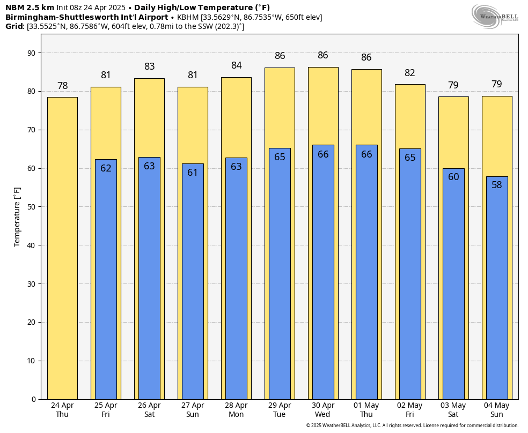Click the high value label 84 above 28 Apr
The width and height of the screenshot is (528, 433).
click(236, 66)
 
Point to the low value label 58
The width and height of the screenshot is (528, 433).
click(497, 185)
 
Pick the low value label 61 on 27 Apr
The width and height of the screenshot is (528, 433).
click(193, 173)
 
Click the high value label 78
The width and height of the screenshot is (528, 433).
click(62, 86)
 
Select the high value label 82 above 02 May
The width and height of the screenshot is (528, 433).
click(410, 73)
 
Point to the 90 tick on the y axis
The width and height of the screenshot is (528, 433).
click(32, 53)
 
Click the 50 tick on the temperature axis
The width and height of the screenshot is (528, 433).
click(32, 207)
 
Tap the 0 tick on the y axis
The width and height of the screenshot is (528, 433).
click(33, 399)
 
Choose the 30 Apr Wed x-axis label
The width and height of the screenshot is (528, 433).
click(323, 410)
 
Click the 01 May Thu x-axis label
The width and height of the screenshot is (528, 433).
click(366, 410)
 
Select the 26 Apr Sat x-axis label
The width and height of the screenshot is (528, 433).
click(149, 410)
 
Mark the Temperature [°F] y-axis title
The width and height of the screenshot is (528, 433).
click(17, 216)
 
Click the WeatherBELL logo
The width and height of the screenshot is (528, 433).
click(495, 16)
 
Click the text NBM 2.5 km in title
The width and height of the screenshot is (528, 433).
click(30, 8)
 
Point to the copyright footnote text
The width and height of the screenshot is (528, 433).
click(412, 425)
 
